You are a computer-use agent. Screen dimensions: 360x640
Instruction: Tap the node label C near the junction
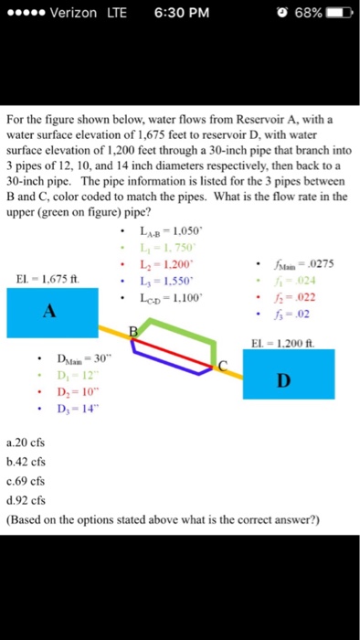(x=222, y=365)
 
